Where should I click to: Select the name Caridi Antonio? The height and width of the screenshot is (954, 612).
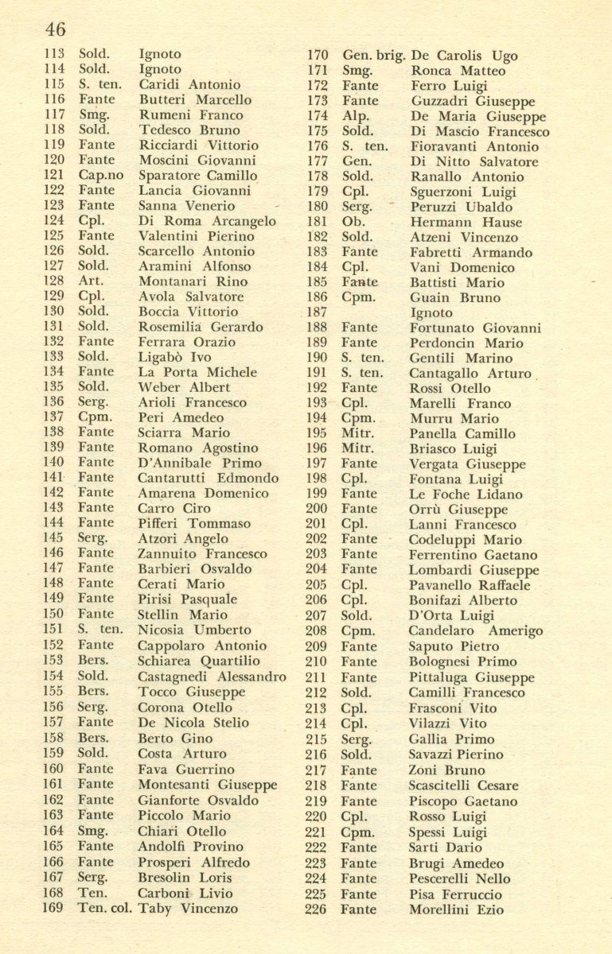189,84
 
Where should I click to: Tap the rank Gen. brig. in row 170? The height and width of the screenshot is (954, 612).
374,56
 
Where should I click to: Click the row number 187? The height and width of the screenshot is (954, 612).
317,312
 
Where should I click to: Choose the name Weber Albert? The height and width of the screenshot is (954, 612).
184,387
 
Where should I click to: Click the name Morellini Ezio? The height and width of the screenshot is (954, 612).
456,909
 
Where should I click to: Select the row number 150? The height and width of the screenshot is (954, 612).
53,614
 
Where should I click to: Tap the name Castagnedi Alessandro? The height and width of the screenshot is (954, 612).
212,677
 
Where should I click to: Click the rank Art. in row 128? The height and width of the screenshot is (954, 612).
90,281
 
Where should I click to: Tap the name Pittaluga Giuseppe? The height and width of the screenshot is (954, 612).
471,677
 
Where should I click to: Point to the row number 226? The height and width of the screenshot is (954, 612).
316,909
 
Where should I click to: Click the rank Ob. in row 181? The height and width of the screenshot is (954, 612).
353,222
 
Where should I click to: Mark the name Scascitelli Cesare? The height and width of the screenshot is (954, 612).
463,785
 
